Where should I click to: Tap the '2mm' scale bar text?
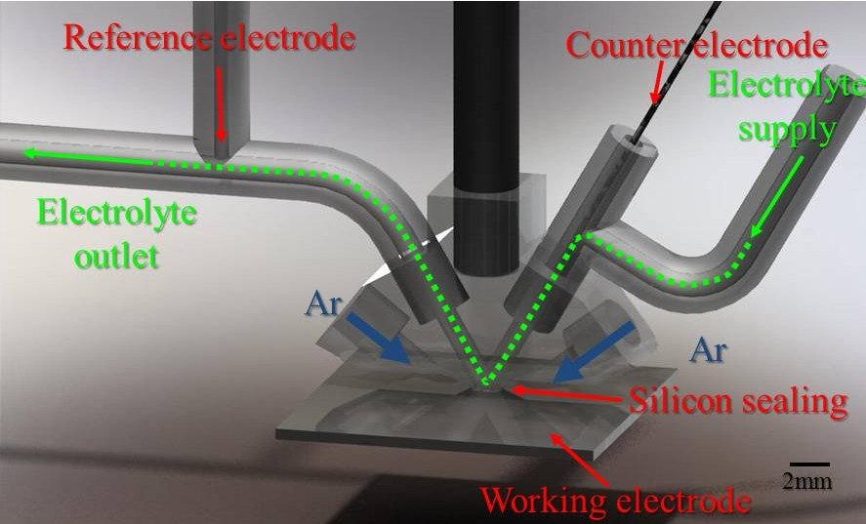[x=806, y=481]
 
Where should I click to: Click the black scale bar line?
[x=809, y=464]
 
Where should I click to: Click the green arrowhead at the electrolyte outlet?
[x=34, y=151]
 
